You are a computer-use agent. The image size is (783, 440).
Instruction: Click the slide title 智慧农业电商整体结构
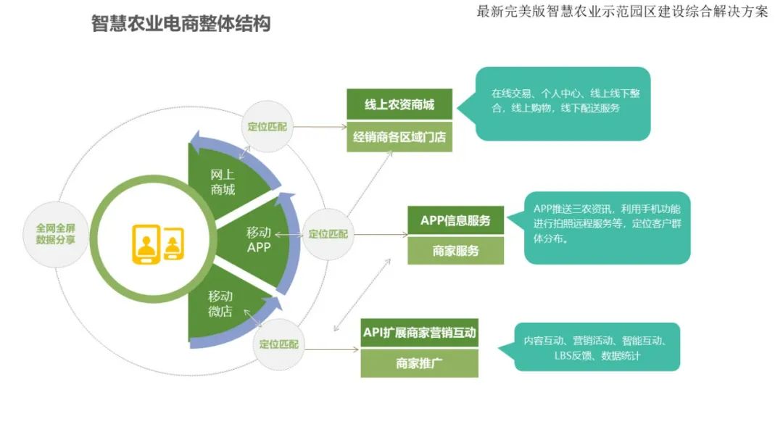click(181, 24)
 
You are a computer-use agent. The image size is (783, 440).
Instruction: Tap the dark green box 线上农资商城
click(399, 104)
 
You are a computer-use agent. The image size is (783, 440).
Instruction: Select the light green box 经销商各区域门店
click(399, 136)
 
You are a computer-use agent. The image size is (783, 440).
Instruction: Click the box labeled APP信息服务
click(455, 220)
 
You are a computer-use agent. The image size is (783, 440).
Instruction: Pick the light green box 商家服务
click(455, 251)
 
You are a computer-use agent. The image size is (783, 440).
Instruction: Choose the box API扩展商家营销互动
click(419, 333)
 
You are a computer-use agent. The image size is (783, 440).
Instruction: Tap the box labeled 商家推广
click(419, 364)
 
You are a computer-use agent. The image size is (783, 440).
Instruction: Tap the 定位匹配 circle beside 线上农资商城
click(267, 126)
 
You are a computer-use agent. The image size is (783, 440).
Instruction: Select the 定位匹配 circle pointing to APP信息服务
click(328, 234)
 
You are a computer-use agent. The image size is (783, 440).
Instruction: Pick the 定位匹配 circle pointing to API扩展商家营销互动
click(278, 344)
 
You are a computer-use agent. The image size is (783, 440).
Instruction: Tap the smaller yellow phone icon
click(173, 244)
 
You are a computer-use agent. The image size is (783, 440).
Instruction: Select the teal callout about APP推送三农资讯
click(608, 227)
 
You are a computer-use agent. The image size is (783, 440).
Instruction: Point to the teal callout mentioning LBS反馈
click(597, 348)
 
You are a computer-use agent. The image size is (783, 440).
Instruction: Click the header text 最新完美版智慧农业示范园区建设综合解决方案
click(622, 12)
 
